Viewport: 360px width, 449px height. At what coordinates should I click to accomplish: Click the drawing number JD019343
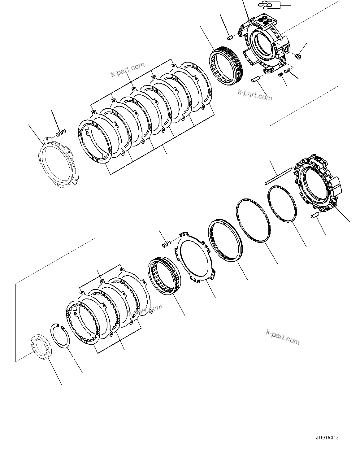327,438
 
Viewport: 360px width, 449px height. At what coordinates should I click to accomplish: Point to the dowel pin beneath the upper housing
257,79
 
